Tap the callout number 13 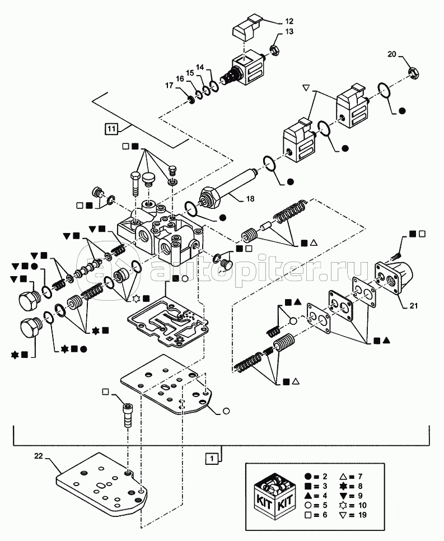click(289, 33)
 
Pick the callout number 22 click(38, 457)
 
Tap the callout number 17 click(169, 86)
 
